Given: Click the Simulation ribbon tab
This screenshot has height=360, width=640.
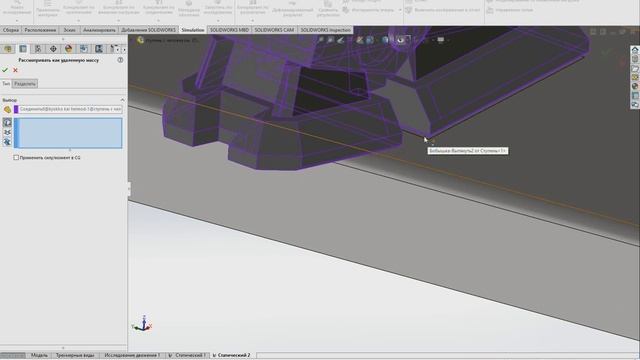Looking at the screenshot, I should tap(193, 31).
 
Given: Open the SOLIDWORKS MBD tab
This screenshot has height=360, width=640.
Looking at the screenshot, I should tap(230, 31).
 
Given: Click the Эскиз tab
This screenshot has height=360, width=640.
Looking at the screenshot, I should tap(69, 31).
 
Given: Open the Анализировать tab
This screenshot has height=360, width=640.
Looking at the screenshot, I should tap(99, 31).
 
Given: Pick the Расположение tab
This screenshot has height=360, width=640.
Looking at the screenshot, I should tap(41, 31).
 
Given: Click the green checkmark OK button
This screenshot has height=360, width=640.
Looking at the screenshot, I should tap(5, 70).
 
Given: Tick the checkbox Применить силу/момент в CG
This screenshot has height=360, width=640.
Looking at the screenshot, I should tap(17, 157).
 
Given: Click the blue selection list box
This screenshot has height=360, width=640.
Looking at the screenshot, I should tap(68, 132).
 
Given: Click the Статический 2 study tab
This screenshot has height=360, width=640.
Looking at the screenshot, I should tap(233, 355).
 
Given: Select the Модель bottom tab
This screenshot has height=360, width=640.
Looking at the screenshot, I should tap(39, 355).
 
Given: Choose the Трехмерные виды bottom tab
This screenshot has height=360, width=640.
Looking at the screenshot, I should tap(76, 355).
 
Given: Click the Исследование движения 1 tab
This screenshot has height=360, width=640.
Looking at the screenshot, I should tap(132, 355).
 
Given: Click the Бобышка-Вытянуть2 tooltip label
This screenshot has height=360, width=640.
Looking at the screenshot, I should tap(467, 151).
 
